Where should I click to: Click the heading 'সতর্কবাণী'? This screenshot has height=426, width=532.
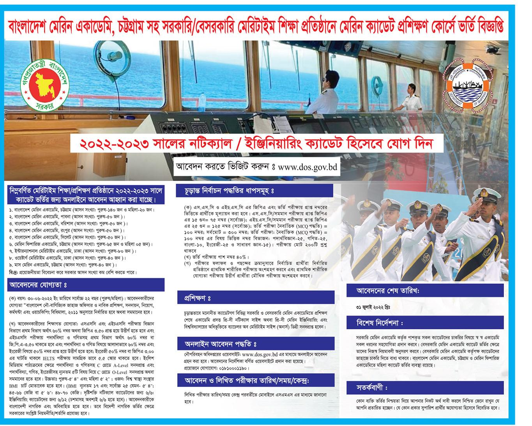pyautogui.click(x=372, y=388)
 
